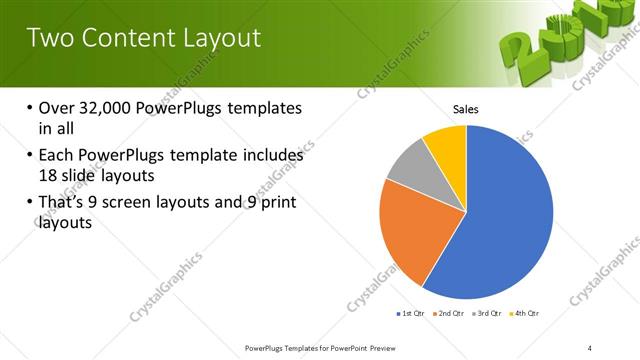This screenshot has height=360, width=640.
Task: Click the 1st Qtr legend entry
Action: click(411, 314)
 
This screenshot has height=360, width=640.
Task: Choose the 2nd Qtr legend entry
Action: click(451, 314)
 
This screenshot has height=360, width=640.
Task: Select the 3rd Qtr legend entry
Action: click(490, 314)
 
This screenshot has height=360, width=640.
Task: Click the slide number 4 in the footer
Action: click(590, 347)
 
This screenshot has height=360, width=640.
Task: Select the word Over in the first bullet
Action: click(57, 108)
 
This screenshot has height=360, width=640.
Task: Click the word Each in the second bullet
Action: click(57, 156)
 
